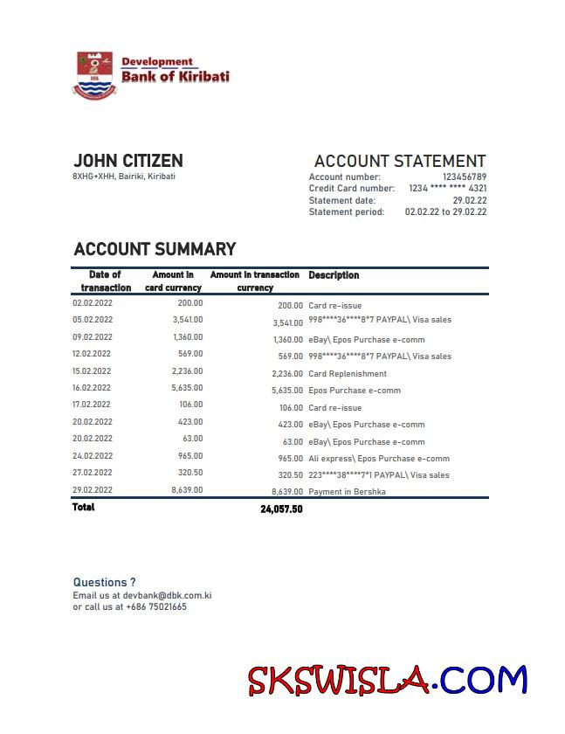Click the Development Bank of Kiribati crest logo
(x=95, y=74)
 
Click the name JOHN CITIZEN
(x=127, y=161)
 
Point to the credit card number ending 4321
(x=447, y=189)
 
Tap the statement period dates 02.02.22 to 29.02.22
(x=445, y=212)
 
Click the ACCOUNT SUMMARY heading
(x=155, y=250)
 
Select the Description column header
(x=334, y=275)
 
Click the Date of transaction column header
(x=106, y=281)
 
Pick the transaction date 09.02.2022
(x=92, y=337)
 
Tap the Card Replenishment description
(x=348, y=374)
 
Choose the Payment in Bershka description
(x=347, y=493)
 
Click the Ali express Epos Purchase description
(x=379, y=459)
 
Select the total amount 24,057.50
(x=281, y=509)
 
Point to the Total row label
(x=84, y=508)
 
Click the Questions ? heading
(x=104, y=582)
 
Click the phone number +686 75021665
(x=155, y=606)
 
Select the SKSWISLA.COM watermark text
(x=387, y=681)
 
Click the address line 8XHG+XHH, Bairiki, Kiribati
(x=123, y=177)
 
